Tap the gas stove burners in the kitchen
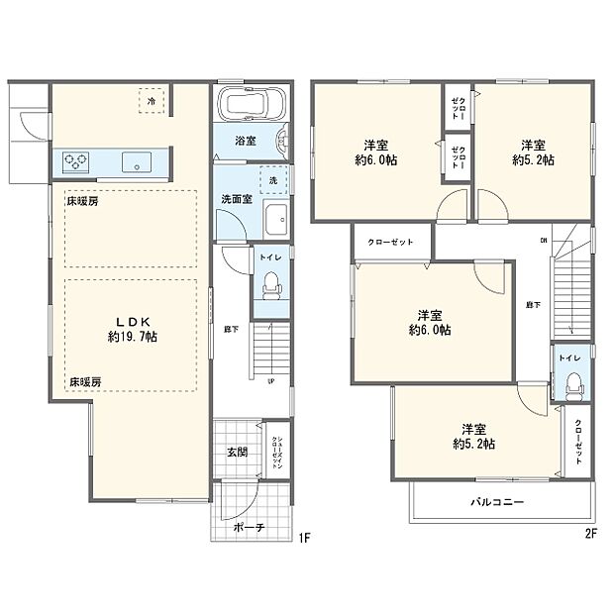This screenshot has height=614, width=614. (x=76, y=161)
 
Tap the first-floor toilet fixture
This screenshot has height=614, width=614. (x=271, y=287)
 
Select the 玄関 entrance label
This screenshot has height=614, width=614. (x=236, y=452)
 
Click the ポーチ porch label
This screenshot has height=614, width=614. (x=249, y=528)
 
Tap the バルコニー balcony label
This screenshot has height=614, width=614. (x=497, y=502)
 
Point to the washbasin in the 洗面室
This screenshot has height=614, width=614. (x=276, y=218)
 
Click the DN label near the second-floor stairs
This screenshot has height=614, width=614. (x=543, y=241)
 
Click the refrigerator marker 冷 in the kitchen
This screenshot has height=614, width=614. (x=152, y=101)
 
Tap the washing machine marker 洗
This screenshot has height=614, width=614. (x=274, y=182)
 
